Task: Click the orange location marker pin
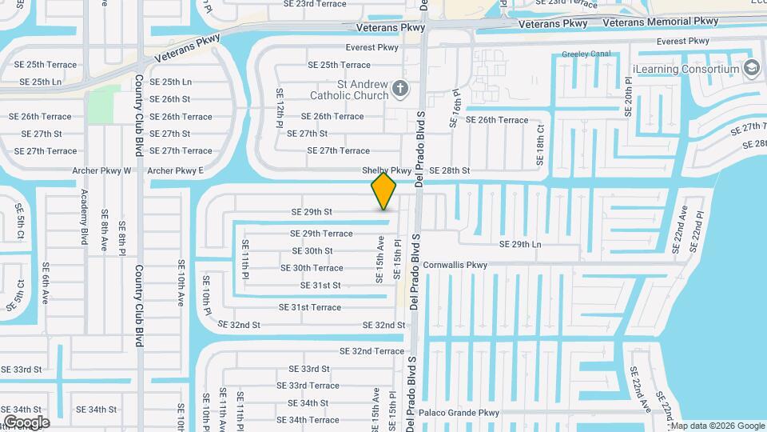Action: [x=384, y=192]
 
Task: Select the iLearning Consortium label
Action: [x=685, y=69]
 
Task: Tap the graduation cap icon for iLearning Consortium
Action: [x=751, y=68]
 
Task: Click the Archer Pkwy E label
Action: [x=176, y=170]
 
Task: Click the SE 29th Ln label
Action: [x=520, y=244]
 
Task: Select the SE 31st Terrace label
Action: [x=310, y=307]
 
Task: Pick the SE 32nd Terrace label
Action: [x=372, y=351]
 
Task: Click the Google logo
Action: [x=26, y=422]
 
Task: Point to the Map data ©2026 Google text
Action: [x=716, y=426]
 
